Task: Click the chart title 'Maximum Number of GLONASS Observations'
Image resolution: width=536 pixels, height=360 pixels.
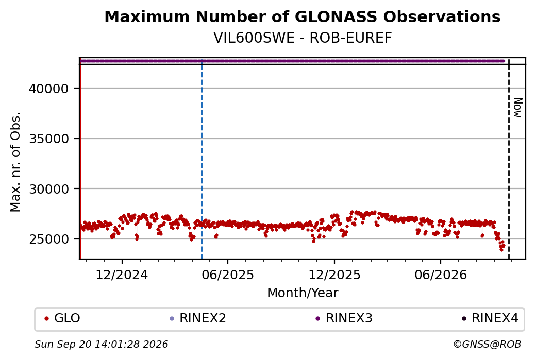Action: tap(302, 16)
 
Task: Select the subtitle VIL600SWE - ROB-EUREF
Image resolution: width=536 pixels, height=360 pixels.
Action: tap(303, 38)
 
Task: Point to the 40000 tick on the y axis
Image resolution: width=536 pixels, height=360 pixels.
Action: tap(49, 89)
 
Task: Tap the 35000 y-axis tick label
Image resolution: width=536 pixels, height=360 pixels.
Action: tap(49, 139)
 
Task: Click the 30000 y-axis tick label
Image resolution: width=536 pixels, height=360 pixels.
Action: tap(49, 189)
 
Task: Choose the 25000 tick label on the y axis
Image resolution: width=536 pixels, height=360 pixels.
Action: tap(49, 239)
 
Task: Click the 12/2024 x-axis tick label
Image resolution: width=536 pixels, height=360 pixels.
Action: tap(122, 275)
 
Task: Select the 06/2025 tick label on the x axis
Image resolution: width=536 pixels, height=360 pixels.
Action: tap(228, 275)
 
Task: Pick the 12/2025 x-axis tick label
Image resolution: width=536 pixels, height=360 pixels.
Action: tap(334, 275)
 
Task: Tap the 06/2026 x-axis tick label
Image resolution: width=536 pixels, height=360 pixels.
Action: tap(440, 275)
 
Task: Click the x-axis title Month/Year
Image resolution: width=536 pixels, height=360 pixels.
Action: tap(303, 293)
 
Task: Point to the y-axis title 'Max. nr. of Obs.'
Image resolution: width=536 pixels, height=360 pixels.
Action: tap(15, 162)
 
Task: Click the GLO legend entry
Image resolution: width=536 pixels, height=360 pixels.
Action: tap(62, 318)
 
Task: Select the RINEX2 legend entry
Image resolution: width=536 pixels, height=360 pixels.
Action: tap(198, 318)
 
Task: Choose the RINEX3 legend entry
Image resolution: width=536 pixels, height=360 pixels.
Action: tap(344, 318)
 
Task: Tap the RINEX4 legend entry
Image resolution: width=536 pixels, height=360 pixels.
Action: tap(490, 318)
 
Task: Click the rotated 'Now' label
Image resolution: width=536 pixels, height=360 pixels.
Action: tap(518, 108)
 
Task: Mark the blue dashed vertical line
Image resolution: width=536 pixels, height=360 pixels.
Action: tap(202, 159)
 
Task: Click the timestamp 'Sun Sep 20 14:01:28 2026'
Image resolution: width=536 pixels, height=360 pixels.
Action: tap(101, 344)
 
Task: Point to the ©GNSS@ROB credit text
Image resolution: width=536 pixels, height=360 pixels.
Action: tap(487, 344)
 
